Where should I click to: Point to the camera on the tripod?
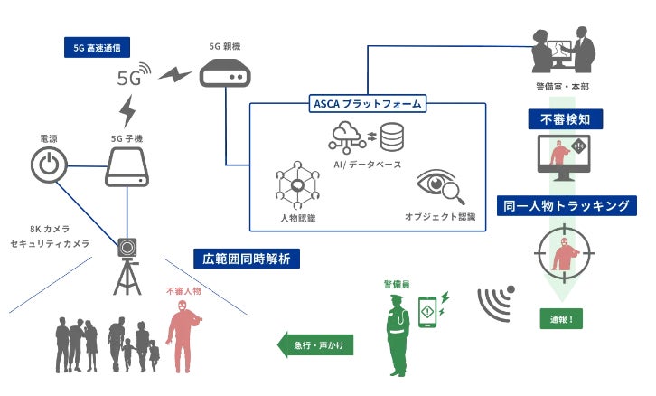[127, 246]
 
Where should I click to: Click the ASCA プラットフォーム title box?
[367, 104]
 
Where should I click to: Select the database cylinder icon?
[392, 137]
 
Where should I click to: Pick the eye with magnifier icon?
[438, 185]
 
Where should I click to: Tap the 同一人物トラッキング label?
[567, 205]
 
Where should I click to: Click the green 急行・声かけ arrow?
[314, 344]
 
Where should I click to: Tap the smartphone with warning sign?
[429, 312]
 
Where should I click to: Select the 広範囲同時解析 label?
[247, 258]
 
